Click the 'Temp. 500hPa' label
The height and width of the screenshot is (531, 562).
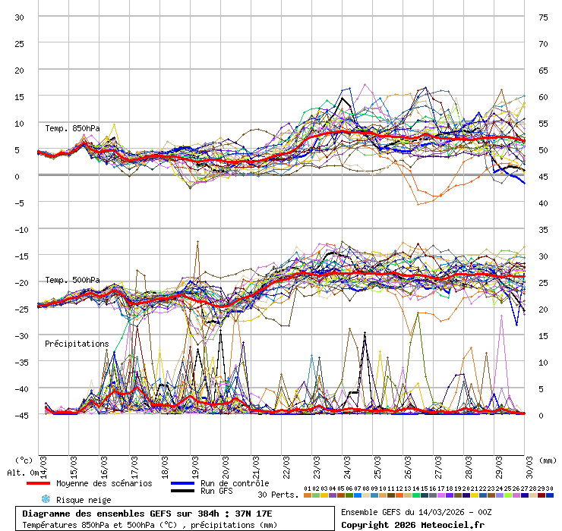point(72,280)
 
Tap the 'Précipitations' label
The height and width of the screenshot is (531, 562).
point(77,344)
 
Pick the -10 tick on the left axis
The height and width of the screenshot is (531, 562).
point(21,229)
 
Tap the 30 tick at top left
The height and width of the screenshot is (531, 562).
point(21,17)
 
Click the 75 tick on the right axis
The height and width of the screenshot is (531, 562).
point(543,17)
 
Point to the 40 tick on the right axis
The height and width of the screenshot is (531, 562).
point(543,203)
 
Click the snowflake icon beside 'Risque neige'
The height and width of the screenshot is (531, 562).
point(45,499)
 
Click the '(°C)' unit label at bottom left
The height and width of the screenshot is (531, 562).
point(24,460)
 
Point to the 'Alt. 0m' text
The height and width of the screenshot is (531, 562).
point(21,473)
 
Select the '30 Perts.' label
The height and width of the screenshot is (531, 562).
point(276,495)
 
